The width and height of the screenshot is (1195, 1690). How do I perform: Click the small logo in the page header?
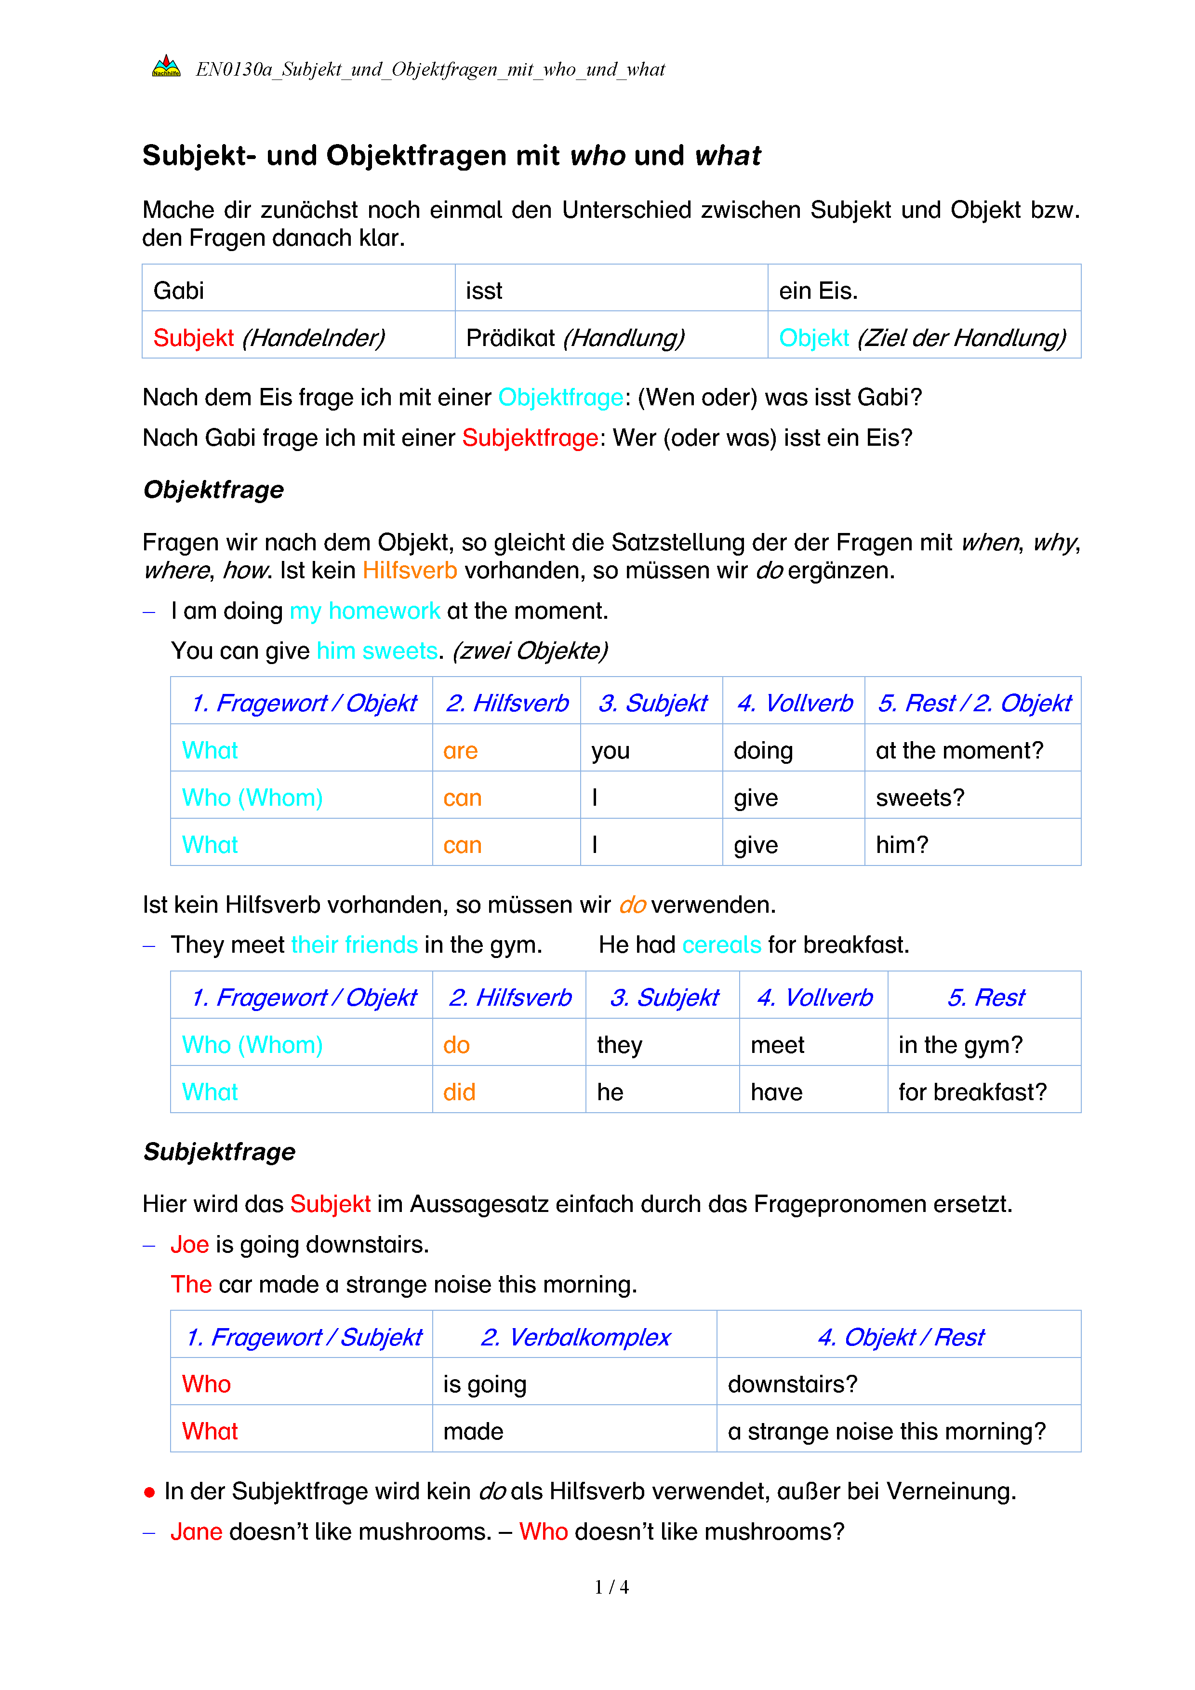166,67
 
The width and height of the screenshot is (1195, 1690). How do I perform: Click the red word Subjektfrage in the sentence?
530,438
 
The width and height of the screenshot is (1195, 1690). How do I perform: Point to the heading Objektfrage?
213,490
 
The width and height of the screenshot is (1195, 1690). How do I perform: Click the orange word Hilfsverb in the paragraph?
410,571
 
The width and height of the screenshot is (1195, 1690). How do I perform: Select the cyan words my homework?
364,611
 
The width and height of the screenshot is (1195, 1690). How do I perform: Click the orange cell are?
461,751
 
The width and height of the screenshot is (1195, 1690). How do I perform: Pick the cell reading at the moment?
959,751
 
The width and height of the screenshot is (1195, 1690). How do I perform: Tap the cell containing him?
902,845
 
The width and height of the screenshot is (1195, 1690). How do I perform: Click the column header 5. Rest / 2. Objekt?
973,703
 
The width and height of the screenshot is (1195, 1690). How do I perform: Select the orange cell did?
459,1092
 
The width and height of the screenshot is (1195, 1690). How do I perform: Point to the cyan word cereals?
721,945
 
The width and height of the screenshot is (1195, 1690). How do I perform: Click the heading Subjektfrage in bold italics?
219,1151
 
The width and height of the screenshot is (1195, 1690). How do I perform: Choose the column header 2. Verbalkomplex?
575,1337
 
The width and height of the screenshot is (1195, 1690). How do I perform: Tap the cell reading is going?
484,1384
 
